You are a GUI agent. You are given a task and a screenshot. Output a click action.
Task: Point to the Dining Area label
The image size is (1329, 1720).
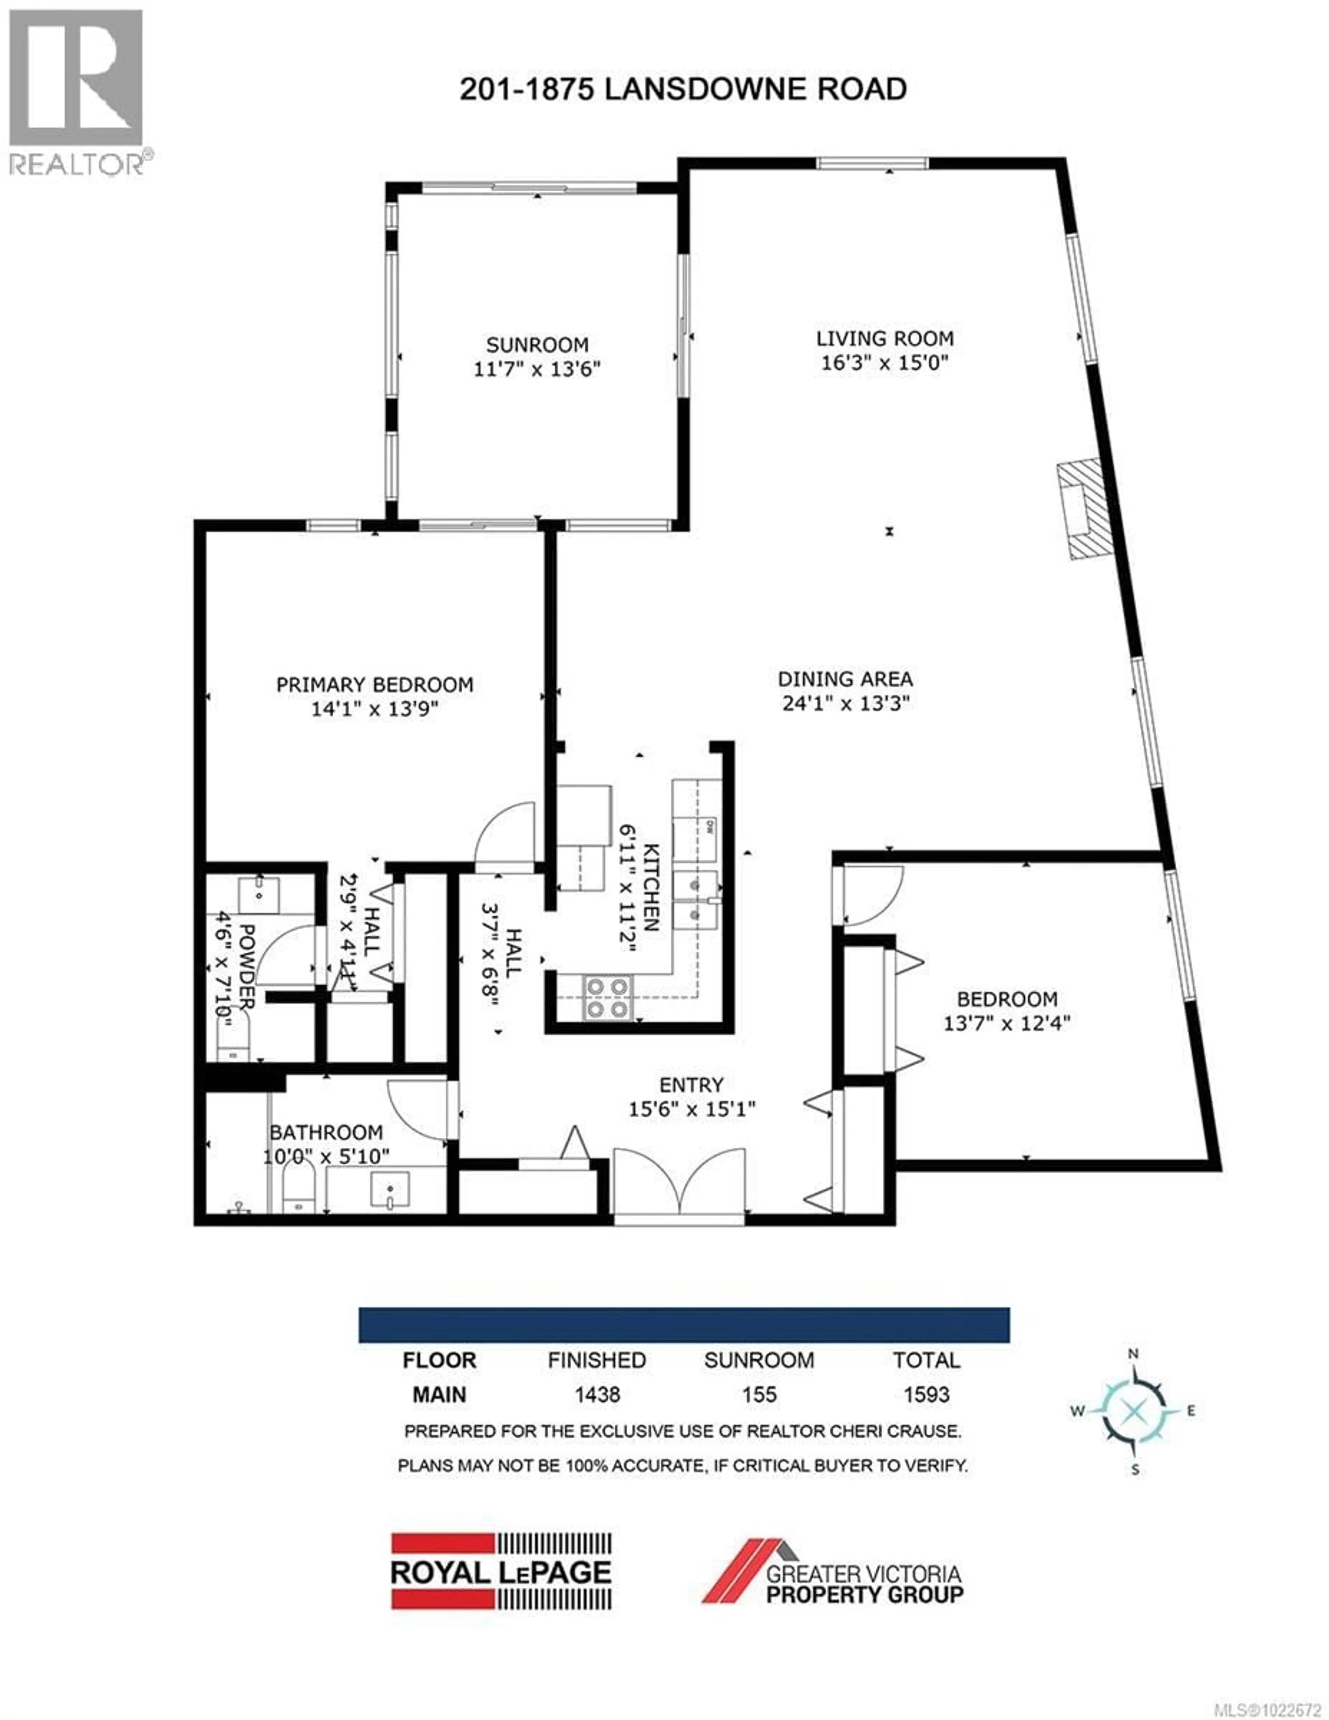845,679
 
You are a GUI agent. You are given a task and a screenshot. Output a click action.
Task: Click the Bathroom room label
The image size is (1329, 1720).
326,1132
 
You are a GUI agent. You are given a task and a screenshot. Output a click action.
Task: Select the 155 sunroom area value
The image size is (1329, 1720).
759,1395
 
